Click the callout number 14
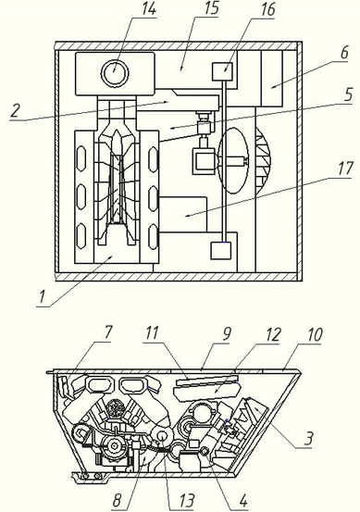[x=148, y=9]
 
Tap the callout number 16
[x=267, y=9]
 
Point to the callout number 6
[x=344, y=53]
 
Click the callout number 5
[x=348, y=94]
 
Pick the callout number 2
[x=15, y=110]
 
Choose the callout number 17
[x=345, y=169]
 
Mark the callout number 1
[x=42, y=297]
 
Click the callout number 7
[x=107, y=332]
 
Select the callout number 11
[x=152, y=332]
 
